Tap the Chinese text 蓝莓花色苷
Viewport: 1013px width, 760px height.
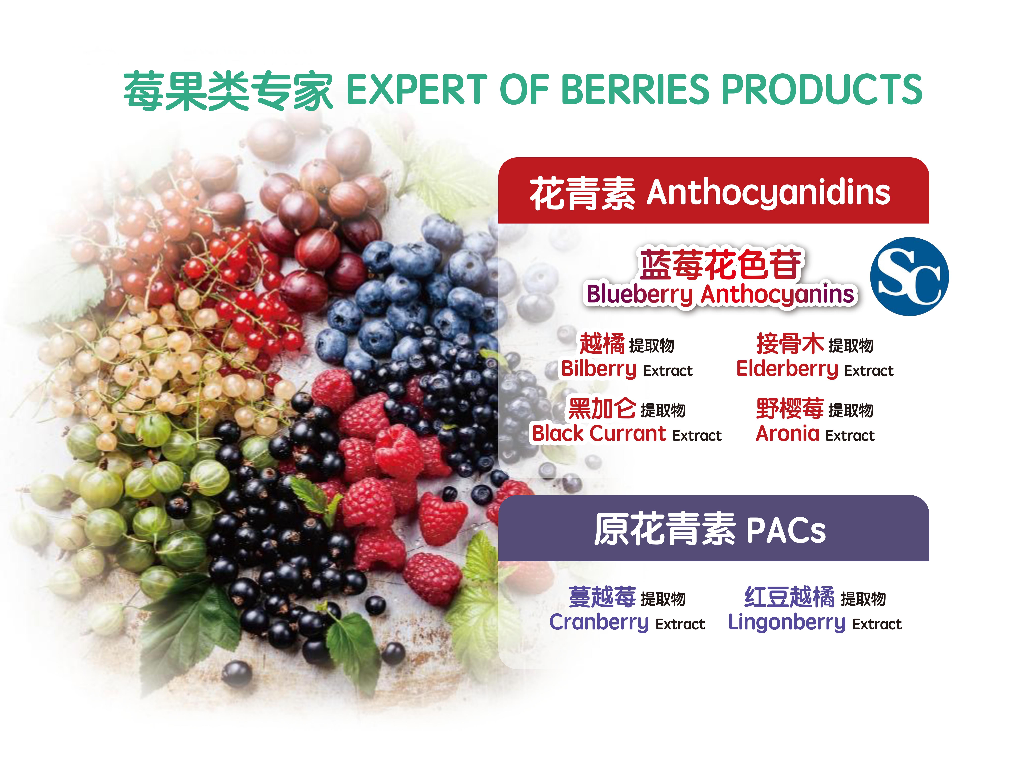coord(720,264)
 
